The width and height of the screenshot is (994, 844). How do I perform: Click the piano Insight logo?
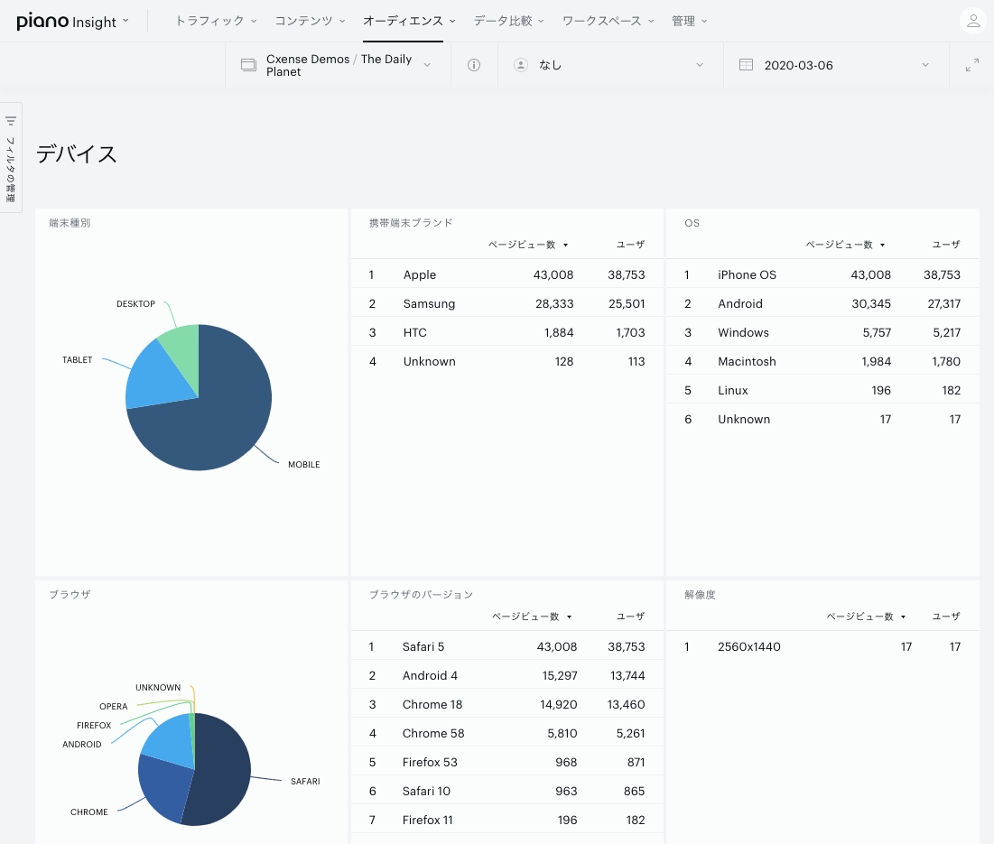pos(67,21)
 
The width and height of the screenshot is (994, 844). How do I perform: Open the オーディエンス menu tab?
pos(404,21)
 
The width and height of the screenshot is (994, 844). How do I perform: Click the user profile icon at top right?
pos(973,21)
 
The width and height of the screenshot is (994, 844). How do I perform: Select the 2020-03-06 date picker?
pos(798,65)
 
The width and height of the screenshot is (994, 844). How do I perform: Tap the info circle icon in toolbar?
pos(474,65)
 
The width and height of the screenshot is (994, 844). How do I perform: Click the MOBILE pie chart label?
pos(303,465)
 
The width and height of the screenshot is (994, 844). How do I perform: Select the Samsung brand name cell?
pos(429,303)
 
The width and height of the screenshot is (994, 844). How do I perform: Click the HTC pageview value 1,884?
pos(559,333)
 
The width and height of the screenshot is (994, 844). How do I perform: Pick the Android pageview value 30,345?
pos(871,303)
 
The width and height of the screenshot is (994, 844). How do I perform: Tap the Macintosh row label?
pos(747,361)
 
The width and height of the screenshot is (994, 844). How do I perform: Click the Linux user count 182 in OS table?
pos(951,390)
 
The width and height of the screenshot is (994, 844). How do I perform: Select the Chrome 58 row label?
pos(433,733)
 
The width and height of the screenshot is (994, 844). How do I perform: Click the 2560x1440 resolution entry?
pos(749,646)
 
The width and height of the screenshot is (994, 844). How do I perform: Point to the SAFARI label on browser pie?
pos(305,782)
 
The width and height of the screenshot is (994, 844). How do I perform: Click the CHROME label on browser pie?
pos(88,812)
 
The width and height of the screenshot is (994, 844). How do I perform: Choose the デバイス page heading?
pos(76,154)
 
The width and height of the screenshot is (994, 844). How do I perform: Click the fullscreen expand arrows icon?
pos(971,65)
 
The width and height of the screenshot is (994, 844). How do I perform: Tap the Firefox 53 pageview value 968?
pos(566,762)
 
